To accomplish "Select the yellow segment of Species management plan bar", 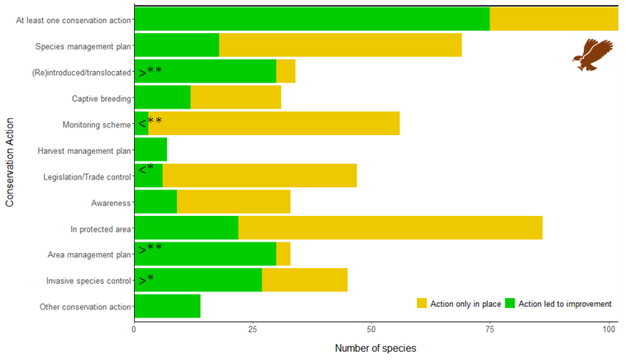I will coord(340,46).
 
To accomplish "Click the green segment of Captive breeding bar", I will coord(162,98).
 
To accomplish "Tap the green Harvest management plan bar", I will coord(151,150).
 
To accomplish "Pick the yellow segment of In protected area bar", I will coord(389,228).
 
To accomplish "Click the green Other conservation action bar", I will coord(167,306).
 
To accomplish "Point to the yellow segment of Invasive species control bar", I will coord(304,280).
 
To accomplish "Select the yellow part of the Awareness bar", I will coord(233,202).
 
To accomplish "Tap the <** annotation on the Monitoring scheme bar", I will coord(150,124).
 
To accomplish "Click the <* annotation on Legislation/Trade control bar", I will coord(146,170).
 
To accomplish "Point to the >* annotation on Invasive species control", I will coord(146,280).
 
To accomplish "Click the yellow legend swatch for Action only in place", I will coord(422,304).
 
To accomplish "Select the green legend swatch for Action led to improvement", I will coord(510,304).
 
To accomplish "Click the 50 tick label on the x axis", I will coord(371,329).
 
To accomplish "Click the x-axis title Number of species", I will coord(375,348).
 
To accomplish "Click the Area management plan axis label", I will coord(90,255).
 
